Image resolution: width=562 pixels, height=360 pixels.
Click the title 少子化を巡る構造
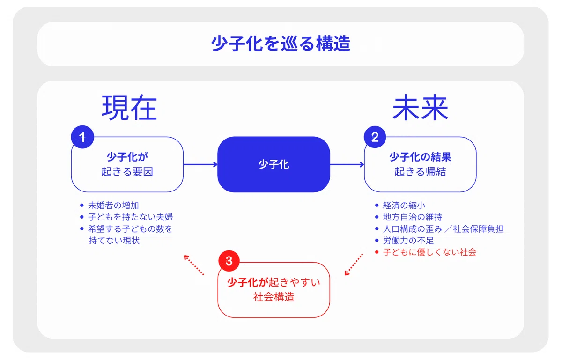pyautogui.click(x=281, y=44)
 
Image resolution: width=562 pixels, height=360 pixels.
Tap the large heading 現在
pyautogui.click(x=129, y=108)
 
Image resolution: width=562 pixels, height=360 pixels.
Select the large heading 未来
pyautogui.click(x=420, y=107)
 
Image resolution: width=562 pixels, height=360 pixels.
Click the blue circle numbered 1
pyautogui.click(x=82, y=137)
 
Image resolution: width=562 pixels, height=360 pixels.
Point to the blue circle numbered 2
pyautogui.click(x=375, y=137)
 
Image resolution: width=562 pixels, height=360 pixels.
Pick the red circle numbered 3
pyautogui.click(x=229, y=261)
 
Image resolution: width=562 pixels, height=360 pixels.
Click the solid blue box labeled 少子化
pyautogui.click(x=274, y=164)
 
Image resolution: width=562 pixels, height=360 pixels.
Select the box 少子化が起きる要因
pyautogui.click(x=127, y=164)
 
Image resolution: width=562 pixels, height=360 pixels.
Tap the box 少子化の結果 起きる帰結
pyautogui.click(x=420, y=164)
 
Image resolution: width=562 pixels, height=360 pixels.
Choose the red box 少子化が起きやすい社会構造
pyautogui.click(x=274, y=290)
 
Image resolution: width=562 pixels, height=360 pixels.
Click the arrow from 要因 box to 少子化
pyautogui.click(x=200, y=165)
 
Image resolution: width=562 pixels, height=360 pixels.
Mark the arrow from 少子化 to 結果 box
pyautogui.click(x=347, y=165)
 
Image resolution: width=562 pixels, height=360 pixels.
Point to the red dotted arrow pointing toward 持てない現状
pyautogui.click(x=194, y=265)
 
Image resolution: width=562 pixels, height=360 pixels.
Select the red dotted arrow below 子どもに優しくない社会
pyautogui.click(x=354, y=264)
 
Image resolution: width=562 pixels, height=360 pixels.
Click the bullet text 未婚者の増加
pyautogui.click(x=113, y=206)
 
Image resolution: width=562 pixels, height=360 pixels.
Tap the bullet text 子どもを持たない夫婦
pyautogui.click(x=131, y=217)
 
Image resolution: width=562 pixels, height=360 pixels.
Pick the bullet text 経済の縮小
pyautogui.click(x=404, y=206)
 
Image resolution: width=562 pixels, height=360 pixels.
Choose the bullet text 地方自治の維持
pyautogui.click(x=413, y=217)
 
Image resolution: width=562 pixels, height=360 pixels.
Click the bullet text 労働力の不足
pyautogui.click(x=408, y=241)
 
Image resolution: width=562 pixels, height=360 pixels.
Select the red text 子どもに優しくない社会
pyautogui.click(x=429, y=252)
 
